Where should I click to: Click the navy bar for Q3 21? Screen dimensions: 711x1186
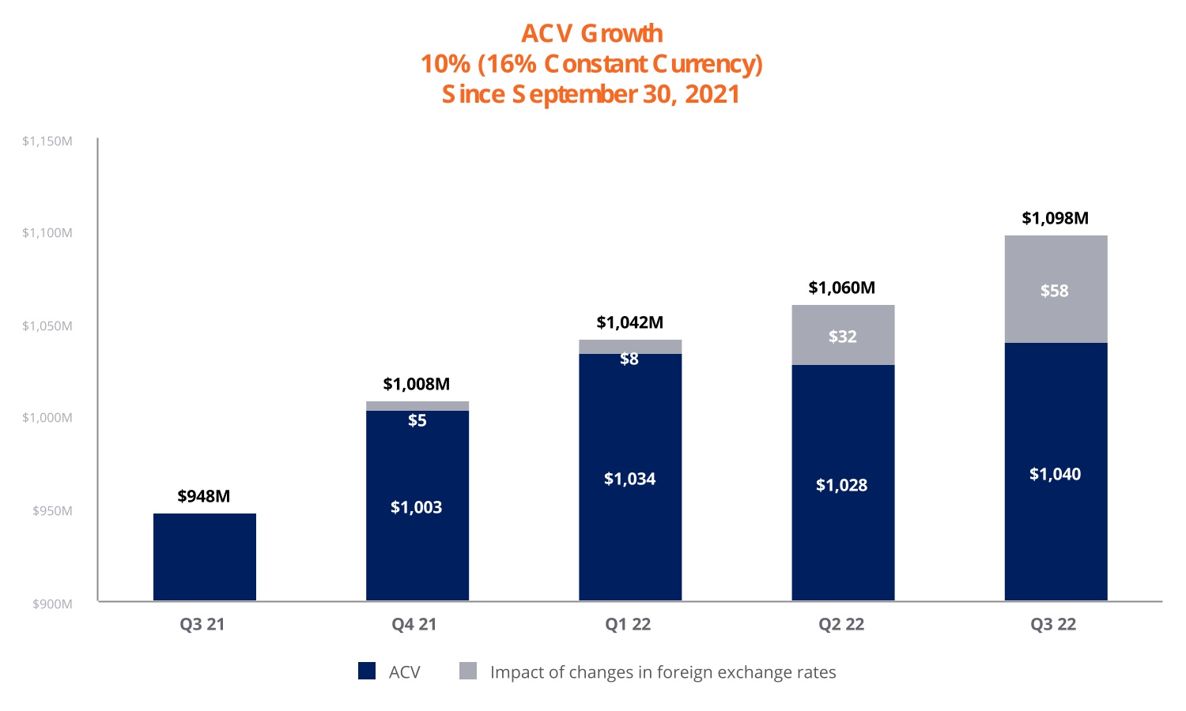pyautogui.click(x=204, y=557)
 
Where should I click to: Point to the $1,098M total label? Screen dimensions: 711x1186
pyautogui.click(x=1055, y=218)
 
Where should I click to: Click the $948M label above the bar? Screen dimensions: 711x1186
pyautogui.click(x=204, y=496)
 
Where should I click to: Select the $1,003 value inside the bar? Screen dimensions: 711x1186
pyautogui.click(x=417, y=507)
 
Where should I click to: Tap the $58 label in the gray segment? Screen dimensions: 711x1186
pyautogui.click(x=1055, y=291)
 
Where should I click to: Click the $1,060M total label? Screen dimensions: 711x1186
pyautogui.click(x=841, y=288)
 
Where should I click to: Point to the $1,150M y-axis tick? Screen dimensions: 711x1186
pyautogui.click(x=47, y=141)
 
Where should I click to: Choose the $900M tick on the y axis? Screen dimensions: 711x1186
pyautogui.click(x=52, y=604)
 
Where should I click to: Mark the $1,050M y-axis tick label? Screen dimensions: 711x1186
pyautogui.click(x=47, y=326)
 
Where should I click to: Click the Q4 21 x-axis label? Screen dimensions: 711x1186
pyautogui.click(x=414, y=624)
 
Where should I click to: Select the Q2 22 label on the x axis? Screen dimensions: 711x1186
pyautogui.click(x=841, y=624)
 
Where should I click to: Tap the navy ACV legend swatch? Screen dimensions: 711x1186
pyautogui.click(x=367, y=671)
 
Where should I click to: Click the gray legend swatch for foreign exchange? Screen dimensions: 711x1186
pyautogui.click(x=468, y=671)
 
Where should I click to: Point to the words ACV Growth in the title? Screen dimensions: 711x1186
pyautogui.click(x=592, y=34)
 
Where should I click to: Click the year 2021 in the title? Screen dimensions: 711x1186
pyautogui.click(x=712, y=94)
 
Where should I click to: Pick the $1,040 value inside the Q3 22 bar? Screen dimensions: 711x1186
pyautogui.click(x=1055, y=474)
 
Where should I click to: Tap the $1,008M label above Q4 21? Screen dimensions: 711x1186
pyautogui.click(x=417, y=384)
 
